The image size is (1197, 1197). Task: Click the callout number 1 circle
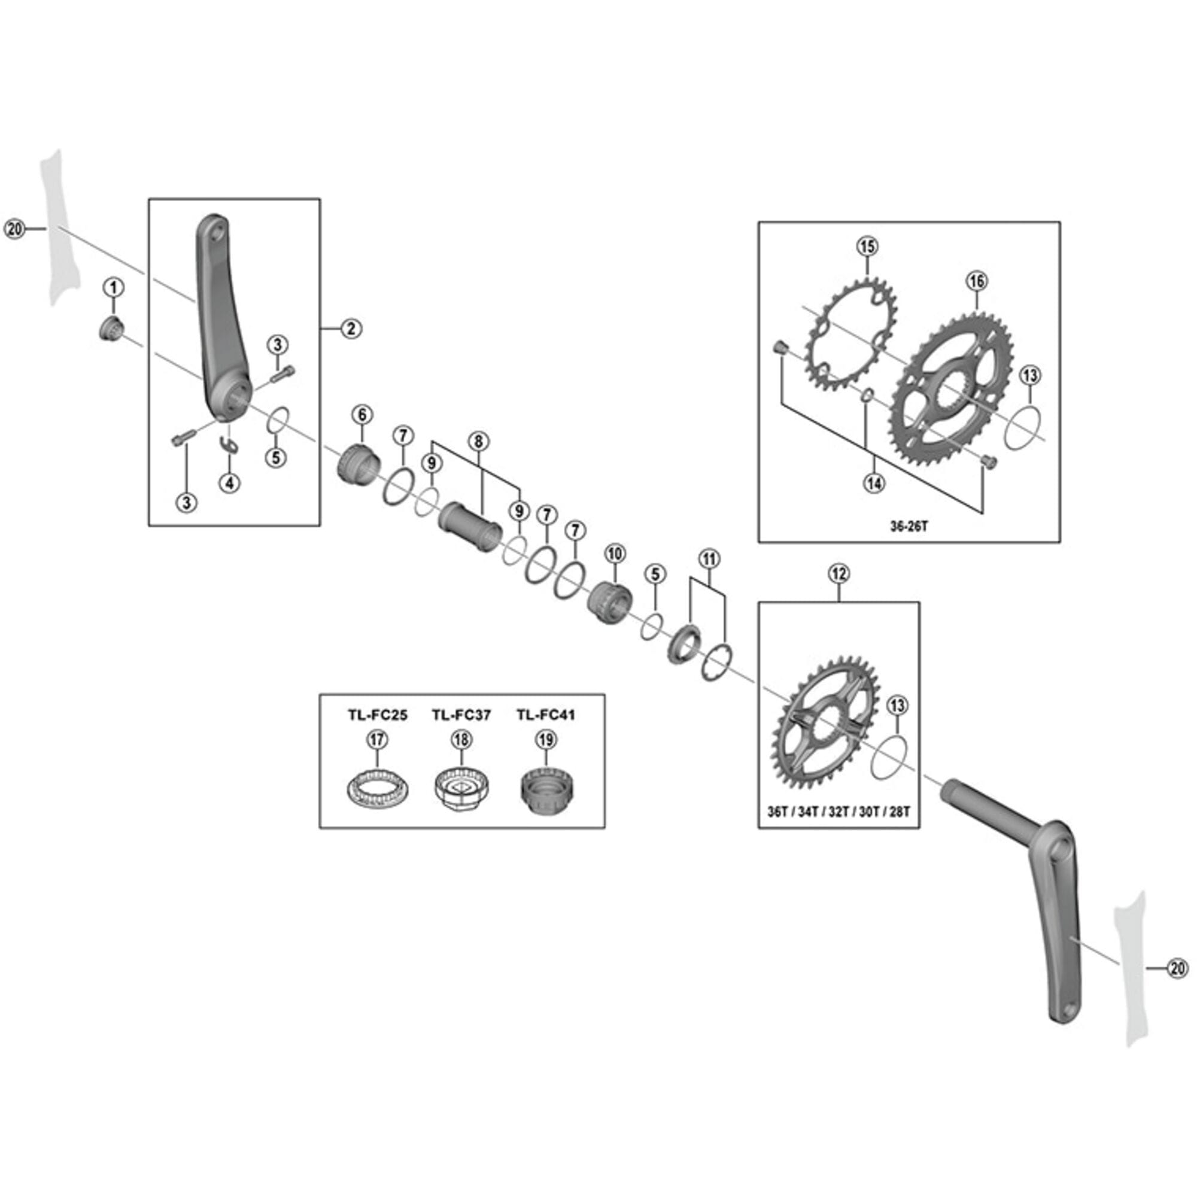113,287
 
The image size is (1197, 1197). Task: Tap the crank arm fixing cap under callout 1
112,327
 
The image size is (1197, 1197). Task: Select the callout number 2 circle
351,329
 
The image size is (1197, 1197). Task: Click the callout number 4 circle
230,482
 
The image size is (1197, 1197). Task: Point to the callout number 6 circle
363,415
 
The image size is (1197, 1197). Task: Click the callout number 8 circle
478,442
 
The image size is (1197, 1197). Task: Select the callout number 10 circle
615,553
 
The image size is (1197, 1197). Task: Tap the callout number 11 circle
709,560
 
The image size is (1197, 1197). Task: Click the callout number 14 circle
874,482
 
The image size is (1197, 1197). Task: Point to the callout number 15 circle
867,247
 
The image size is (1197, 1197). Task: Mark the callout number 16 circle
976,281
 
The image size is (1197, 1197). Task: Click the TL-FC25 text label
377,715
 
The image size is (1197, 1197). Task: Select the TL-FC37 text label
461,715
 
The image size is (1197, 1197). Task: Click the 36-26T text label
909,527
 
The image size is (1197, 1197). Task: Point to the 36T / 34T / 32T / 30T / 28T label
838,812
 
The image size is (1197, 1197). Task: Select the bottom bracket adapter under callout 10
610,601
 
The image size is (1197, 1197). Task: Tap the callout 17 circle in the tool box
377,740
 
